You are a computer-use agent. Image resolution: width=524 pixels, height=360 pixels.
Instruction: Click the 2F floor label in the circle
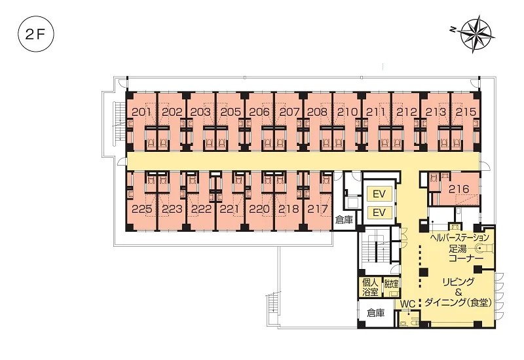[35, 35]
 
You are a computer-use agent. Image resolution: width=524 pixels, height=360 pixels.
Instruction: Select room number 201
[141, 112]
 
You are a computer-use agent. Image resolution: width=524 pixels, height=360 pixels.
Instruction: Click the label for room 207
[289, 112]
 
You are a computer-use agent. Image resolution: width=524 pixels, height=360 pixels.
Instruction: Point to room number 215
[466, 112]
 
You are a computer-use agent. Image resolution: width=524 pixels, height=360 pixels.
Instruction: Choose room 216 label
[459, 189]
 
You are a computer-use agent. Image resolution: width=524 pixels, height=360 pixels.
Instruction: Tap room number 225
[142, 209]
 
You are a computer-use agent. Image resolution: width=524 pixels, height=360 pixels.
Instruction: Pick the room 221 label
[230, 209]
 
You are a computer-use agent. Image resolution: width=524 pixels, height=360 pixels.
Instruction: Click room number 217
[318, 209]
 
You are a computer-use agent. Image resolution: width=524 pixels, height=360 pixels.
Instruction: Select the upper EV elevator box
[379, 194]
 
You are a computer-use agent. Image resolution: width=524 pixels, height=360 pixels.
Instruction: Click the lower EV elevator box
[379, 212]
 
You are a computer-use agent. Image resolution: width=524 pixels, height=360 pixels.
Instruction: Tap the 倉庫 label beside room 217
[345, 220]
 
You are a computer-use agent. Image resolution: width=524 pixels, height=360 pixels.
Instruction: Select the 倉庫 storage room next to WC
[376, 313]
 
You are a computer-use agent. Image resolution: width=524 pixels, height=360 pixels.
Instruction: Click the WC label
[407, 304]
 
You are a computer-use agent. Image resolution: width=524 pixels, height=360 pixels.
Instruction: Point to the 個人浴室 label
[370, 287]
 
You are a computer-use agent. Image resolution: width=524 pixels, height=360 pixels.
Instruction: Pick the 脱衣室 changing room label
[391, 284]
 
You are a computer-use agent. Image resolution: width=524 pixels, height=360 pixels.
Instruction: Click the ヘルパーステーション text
[459, 238]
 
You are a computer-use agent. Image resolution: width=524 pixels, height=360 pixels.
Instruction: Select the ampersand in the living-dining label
[458, 293]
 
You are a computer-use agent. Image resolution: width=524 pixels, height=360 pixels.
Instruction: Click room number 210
[348, 112]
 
